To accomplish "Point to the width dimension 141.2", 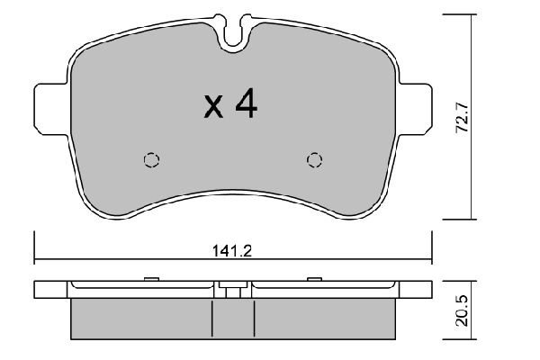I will pos(233,253).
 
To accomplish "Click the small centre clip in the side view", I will pos(233,290).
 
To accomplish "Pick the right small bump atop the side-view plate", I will pos(314,278).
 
